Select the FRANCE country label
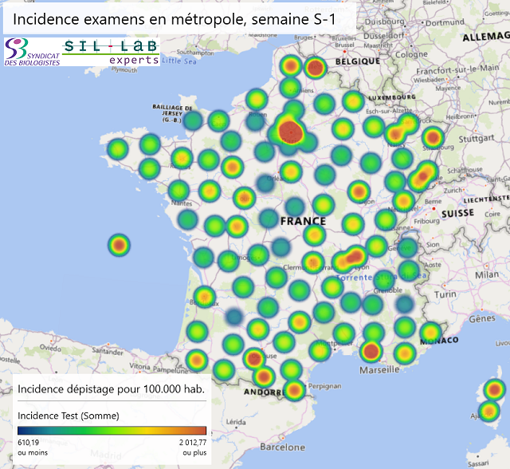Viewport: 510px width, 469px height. (302, 221)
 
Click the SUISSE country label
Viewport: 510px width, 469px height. (458, 214)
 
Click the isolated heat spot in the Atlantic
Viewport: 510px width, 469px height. (119, 246)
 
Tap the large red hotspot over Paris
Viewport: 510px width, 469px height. (291, 132)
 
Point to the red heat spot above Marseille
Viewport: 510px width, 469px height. (371, 350)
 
